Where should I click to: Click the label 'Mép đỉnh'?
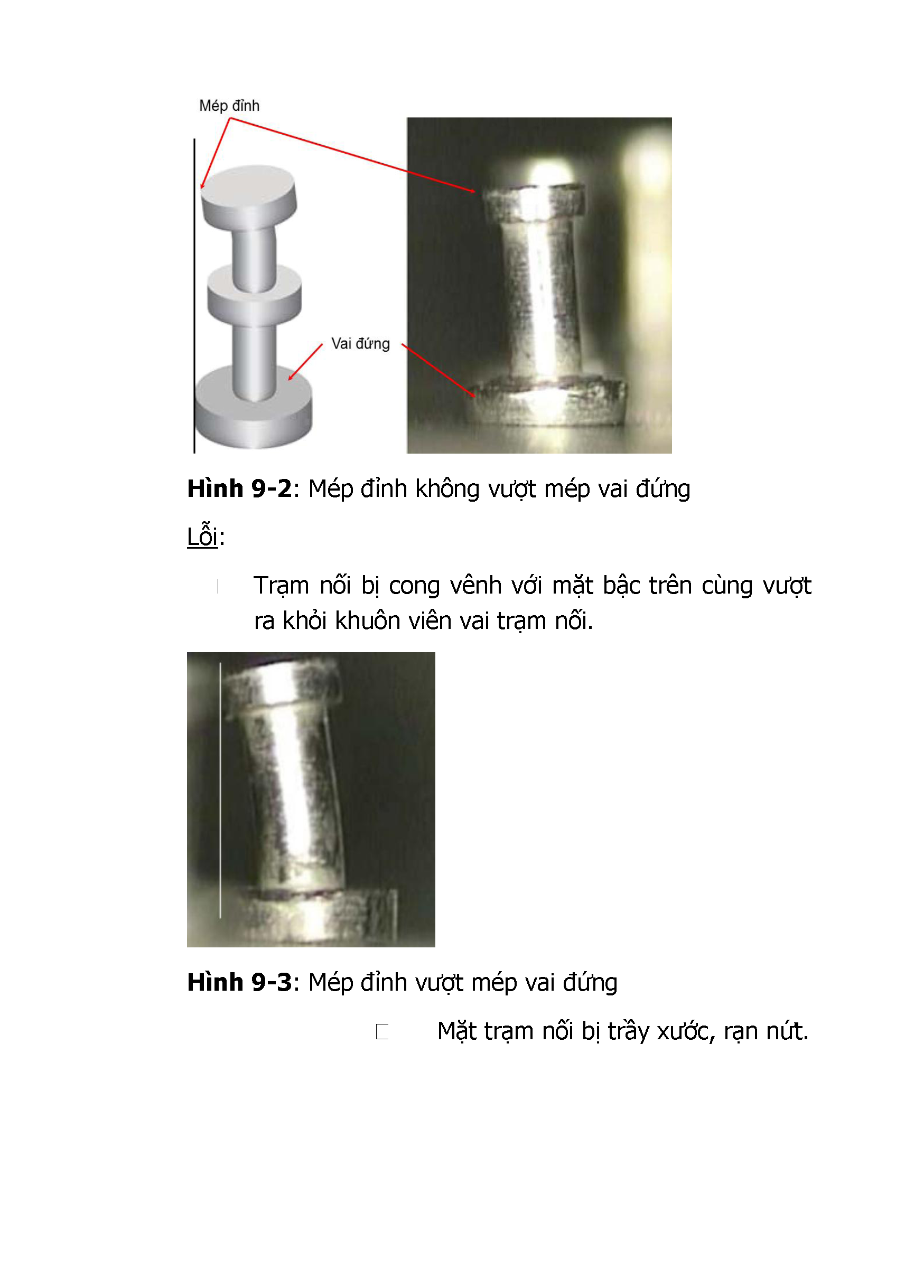coord(229,106)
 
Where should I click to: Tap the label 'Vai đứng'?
coord(360,344)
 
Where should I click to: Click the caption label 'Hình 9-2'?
coord(240,488)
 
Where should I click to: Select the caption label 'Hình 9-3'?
coord(240,982)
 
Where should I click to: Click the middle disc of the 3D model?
coord(255,295)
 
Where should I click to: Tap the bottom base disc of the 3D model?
coord(254,407)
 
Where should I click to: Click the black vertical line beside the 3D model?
coord(194,296)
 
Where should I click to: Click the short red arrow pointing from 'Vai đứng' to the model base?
coord(305,362)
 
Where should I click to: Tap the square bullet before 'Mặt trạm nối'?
coord(382,1032)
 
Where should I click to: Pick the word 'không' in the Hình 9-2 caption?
coord(447,488)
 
